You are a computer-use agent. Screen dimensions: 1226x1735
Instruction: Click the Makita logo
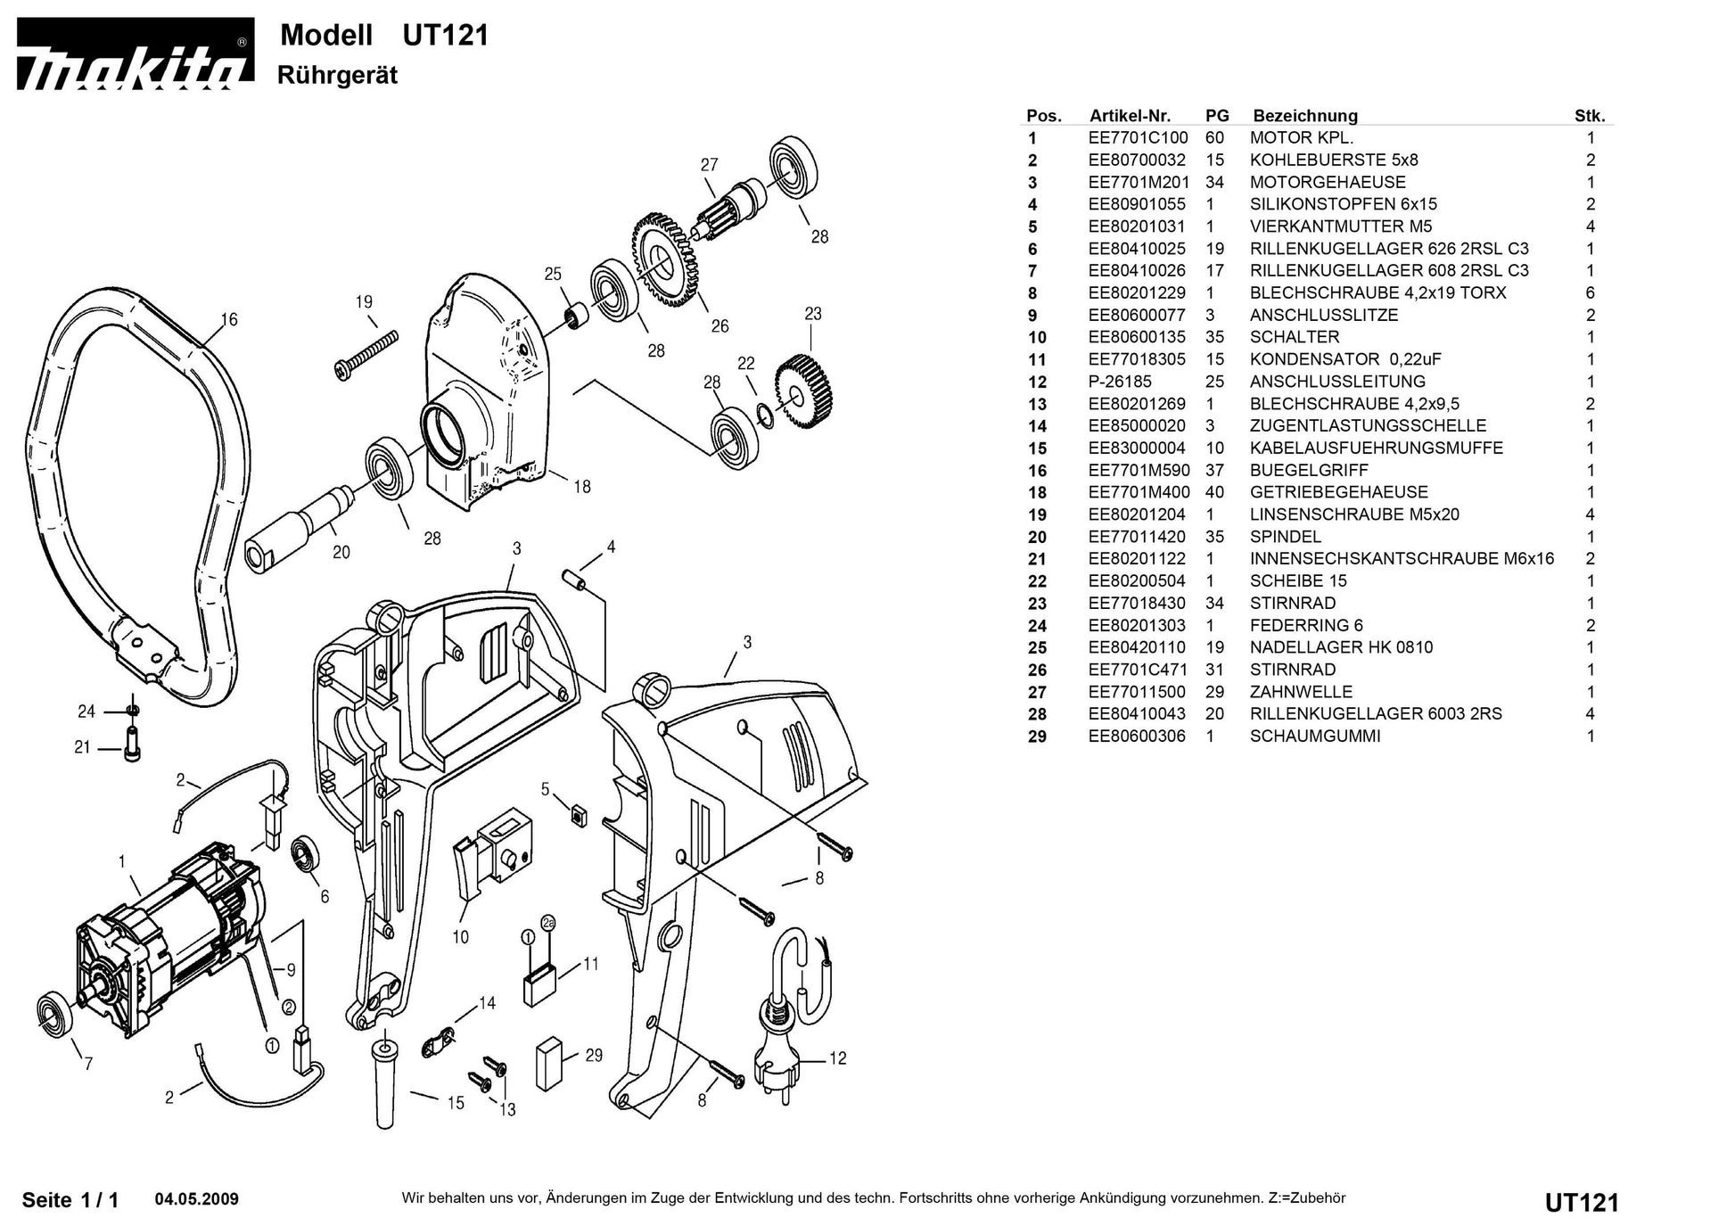pos(134,55)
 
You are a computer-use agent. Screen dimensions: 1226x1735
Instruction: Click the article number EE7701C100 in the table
pos(1138,138)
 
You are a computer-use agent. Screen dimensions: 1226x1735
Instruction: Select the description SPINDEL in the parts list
pos(1285,537)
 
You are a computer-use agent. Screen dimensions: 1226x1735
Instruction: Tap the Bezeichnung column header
pos(1304,116)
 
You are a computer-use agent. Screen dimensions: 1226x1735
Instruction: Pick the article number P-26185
pos(1119,382)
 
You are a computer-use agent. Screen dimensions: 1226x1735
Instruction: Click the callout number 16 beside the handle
pos(229,319)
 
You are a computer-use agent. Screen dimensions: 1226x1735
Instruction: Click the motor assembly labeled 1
pos(169,936)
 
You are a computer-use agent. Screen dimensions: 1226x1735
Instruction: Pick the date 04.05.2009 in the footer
pos(196,1199)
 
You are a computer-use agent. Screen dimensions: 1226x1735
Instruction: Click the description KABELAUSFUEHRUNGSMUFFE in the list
pos(1376,448)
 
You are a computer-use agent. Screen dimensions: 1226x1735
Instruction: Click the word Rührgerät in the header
pos(337,75)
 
